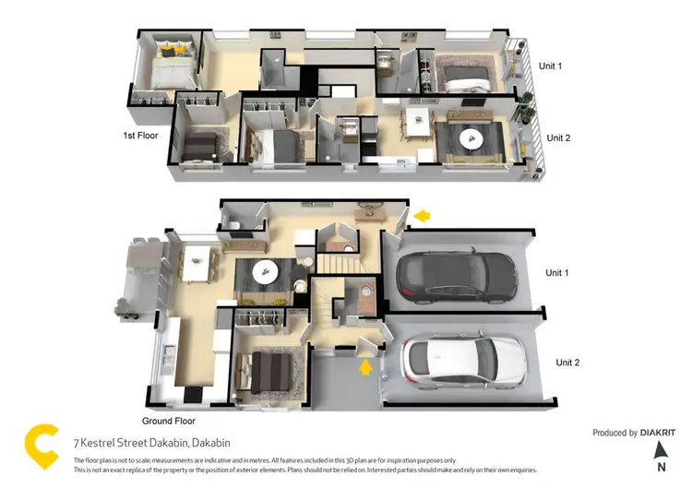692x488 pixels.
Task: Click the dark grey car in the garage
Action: click(455, 276)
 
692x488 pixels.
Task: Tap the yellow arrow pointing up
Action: click(365, 367)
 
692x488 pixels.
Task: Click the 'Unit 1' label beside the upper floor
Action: click(551, 66)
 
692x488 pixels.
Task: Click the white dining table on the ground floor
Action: click(196, 262)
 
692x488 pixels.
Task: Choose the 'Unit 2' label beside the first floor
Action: click(558, 137)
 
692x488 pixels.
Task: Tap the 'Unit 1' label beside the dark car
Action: click(557, 273)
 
